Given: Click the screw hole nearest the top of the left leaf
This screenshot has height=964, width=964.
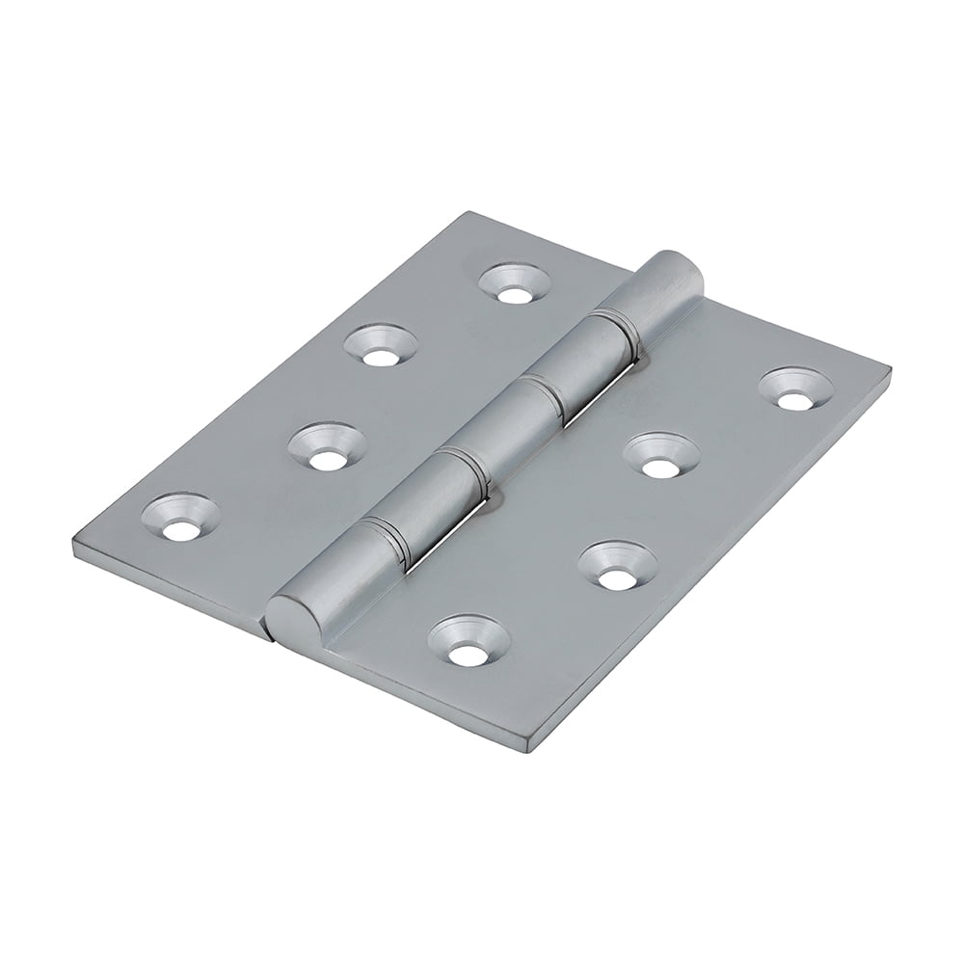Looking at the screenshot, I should point(516,284).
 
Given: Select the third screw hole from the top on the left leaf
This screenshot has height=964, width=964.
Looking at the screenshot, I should point(328,448).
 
